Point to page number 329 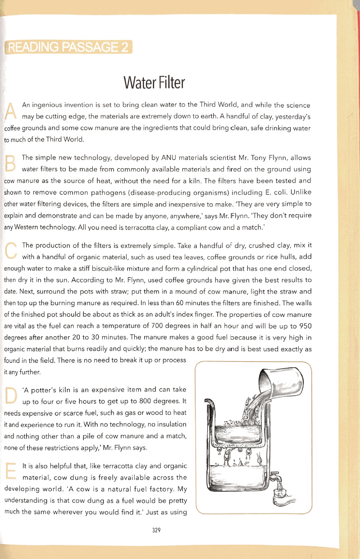coord(157,530)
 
